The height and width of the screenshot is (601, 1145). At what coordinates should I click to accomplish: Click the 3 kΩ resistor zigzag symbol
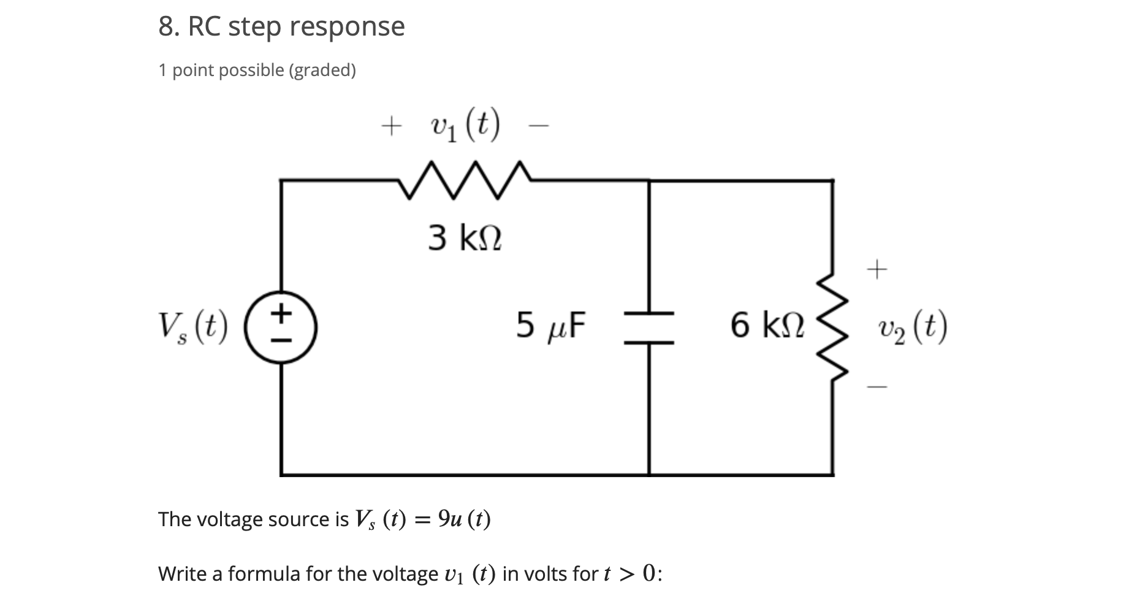coord(465,180)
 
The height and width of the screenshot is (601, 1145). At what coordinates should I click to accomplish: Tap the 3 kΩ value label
coord(465,238)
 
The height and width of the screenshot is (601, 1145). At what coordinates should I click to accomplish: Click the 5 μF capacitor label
coord(550,326)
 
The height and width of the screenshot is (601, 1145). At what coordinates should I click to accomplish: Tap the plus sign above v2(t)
coord(877,269)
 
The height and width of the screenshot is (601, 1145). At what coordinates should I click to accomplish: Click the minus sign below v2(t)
coord(877,387)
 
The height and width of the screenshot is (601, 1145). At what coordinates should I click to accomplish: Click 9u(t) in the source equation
coord(465,519)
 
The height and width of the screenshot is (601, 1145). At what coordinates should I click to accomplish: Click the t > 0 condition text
coord(632,574)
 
